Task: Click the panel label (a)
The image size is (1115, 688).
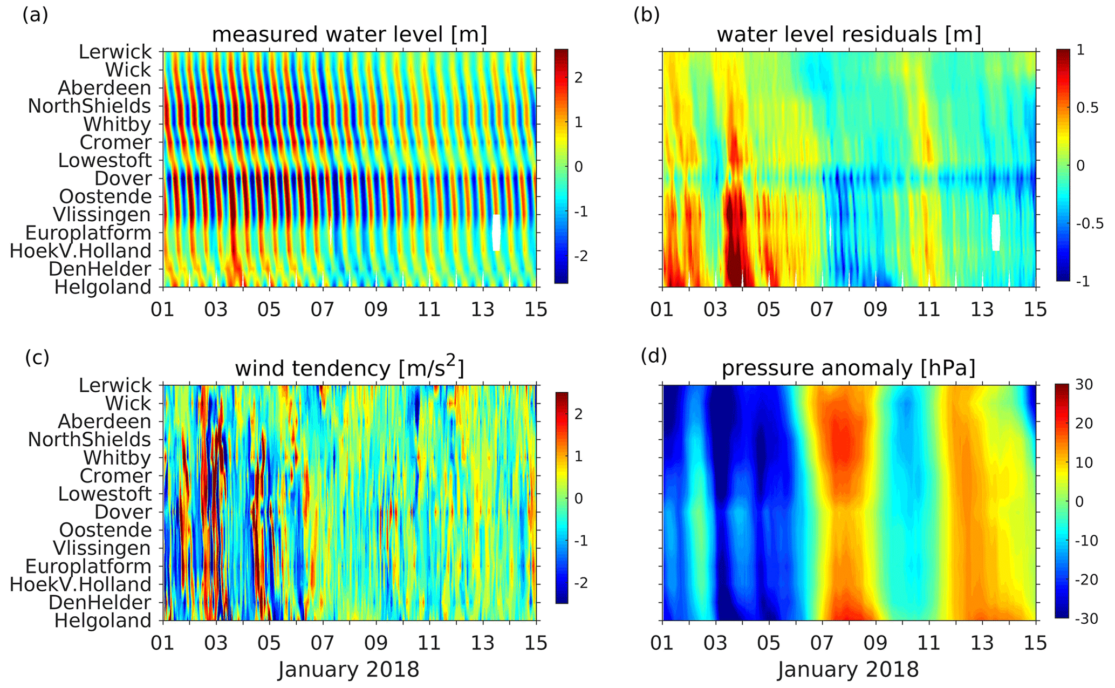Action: click(x=35, y=15)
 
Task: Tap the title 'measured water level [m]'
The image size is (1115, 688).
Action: click(x=350, y=35)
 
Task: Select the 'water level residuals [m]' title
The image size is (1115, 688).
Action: click(x=849, y=35)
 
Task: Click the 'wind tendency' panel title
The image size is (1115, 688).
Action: click(x=350, y=368)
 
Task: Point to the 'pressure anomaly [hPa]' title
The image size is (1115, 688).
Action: click(x=849, y=368)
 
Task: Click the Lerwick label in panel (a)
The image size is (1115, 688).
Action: click(x=115, y=52)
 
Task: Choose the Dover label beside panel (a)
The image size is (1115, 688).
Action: click(x=123, y=179)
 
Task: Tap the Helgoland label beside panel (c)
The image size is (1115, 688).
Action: click(x=103, y=621)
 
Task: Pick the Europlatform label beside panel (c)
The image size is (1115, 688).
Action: click(x=88, y=566)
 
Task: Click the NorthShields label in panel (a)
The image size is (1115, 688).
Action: click(x=90, y=106)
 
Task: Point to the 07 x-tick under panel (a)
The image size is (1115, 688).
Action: click(x=323, y=310)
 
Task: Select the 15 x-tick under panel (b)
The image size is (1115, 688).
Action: click(x=1035, y=310)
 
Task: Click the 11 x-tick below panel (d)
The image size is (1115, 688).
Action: click(x=929, y=643)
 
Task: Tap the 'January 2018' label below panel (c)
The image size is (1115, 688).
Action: click(x=348, y=670)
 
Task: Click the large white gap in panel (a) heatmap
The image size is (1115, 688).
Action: click(x=497, y=233)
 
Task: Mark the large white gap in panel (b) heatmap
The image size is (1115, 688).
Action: click(x=996, y=233)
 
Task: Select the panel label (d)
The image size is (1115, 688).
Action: click(x=654, y=356)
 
